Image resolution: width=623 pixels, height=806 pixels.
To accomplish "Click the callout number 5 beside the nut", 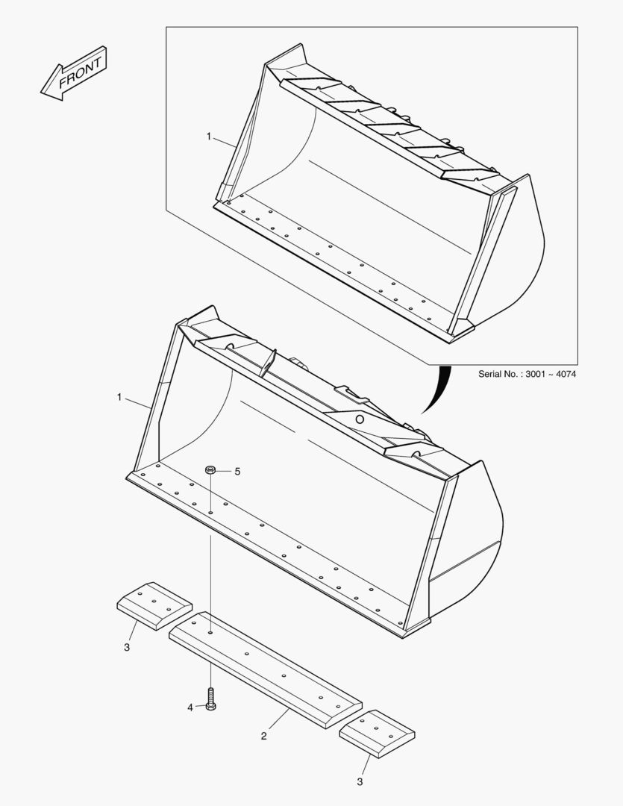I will tap(238, 472).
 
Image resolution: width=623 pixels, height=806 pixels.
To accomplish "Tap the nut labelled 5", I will tap(211, 470).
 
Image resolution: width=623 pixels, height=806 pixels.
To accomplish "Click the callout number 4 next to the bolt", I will tap(190, 707).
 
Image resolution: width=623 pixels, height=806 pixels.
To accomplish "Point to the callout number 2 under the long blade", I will tap(263, 737).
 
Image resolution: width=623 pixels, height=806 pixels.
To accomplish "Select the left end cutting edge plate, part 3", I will tap(154, 604).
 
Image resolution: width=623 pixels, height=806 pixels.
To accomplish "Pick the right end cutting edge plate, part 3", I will tap(377, 734).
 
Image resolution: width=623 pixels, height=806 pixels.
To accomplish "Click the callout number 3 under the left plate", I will tap(126, 647).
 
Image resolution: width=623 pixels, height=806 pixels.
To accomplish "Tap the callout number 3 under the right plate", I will tap(360, 782).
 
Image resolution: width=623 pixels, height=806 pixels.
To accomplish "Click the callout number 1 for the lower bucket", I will tap(119, 398).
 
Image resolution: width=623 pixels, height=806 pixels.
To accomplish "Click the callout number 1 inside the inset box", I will tap(209, 137).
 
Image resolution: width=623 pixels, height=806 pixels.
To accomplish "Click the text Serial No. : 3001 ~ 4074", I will tap(527, 373).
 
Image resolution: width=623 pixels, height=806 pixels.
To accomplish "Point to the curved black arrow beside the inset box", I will tap(439, 388).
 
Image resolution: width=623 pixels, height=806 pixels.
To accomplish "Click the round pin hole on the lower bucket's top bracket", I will tap(359, 419).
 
